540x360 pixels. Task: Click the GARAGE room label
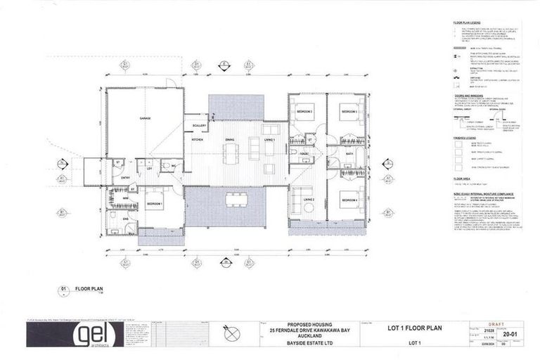pyautogui.click(x=146, y=118)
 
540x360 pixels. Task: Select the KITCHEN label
pyautogui.click(x=198, y=140)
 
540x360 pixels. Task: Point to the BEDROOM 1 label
pyautogui.click(x=155, y=203)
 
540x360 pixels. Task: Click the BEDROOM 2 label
pyautogui.click(x=304, y=112)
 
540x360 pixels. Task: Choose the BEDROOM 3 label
pyautogui.click(x=349, y=112)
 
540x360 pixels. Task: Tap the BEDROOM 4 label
pyautogui.click(x=349, y=201)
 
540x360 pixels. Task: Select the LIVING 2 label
pyautogui.click(x=309, y=200)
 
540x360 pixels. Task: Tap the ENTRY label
pyautogui.click(x=125, y=178)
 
